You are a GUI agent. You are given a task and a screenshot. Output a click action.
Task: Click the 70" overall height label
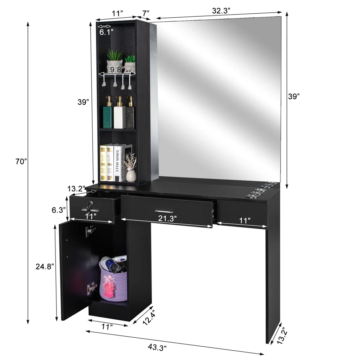click(x=21, y=162)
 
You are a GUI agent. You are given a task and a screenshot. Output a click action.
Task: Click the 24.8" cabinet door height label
click(x=45, y=267)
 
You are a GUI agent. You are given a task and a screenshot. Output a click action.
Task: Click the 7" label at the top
click(x=145, y=13)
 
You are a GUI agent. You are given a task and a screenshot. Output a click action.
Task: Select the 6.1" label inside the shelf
click(x=106, y=32)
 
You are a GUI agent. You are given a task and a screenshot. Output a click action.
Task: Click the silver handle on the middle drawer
click(x=164, y=211)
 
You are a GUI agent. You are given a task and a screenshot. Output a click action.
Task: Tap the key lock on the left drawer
click(x=89, y=206)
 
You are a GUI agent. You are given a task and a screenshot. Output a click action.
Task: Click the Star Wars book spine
click(x=118, y=163)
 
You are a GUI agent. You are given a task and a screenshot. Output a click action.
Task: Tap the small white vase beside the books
click(x=131, y=175)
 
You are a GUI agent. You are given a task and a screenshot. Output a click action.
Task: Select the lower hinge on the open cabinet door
click(x=91, y=289)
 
